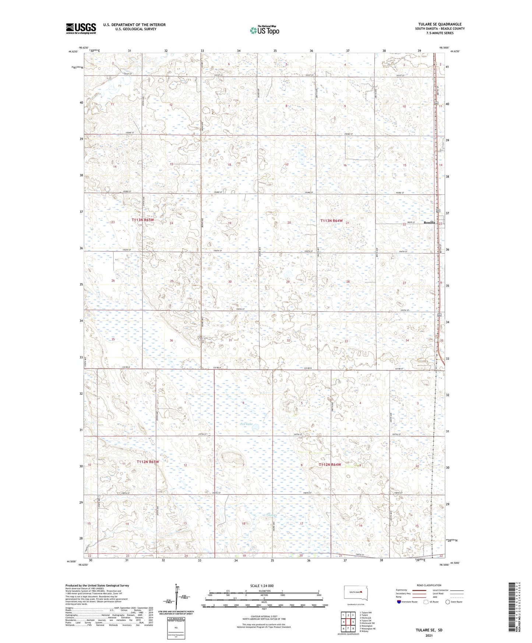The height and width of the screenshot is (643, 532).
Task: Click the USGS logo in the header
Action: pos(81,28)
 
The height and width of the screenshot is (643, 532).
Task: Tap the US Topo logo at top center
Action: pos(264,30)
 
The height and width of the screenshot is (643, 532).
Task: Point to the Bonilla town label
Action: pos(429,222)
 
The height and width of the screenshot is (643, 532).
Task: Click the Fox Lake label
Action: pos(246,424)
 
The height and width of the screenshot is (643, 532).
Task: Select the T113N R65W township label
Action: pos(142,220)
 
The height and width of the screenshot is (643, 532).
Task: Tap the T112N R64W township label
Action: pos(330,465)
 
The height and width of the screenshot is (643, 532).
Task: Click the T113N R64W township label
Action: pos(331,221)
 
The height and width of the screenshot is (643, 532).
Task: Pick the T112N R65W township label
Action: pos(148,462)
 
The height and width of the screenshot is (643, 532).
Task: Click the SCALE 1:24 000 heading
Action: pos(262,586)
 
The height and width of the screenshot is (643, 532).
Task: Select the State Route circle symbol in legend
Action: pos(448,602)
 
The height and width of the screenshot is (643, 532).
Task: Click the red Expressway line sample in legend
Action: pos(419,590)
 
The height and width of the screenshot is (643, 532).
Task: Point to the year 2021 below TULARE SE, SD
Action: pos(429,635)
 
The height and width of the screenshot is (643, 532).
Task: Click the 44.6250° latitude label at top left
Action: pos(73,52)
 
